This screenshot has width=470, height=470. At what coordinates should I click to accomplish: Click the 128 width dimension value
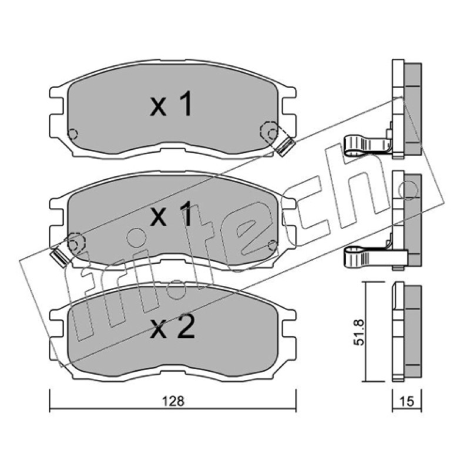coord(173,401)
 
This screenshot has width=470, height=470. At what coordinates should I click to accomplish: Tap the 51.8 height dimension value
coord(359,332)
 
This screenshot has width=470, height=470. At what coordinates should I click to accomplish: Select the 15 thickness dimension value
coord(407,401)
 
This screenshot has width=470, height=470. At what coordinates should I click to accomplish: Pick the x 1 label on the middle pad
coord(171,213)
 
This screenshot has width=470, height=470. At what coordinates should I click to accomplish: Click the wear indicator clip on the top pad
coord(286,146)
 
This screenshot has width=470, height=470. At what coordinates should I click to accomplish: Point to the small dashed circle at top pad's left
coord(73,134)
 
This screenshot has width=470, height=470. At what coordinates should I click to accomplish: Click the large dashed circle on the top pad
coord(269,130)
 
